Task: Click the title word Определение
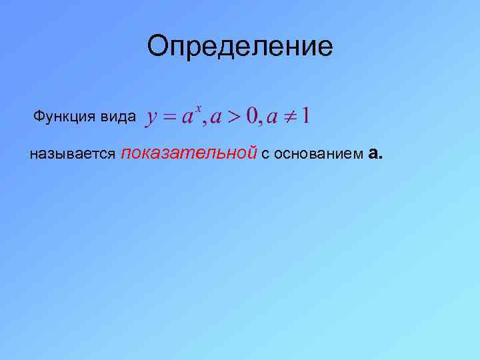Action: [x=240, y=47]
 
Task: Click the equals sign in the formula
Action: [x=170, y=117]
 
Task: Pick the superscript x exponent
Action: [x=198, y=109]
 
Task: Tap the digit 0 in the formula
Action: [x=252, y=117]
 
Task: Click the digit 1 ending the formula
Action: [x=305, y=117]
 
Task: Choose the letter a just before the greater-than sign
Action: [x=215, y=118]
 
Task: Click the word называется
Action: [x=73, y=155]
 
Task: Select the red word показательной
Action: [x=190, y=153]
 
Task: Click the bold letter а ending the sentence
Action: [x=373, y=154]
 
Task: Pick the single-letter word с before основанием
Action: [x=265, y=155]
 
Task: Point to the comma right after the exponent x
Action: [x=205, y=123]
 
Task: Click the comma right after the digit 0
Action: [x=261, y=123]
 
